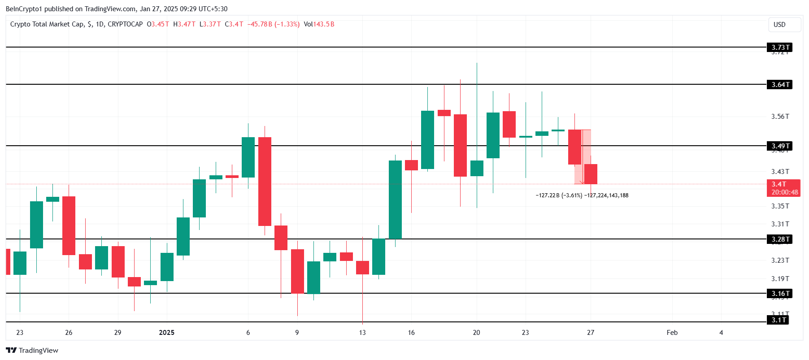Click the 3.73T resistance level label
click(780, 48)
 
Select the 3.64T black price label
click(780, 85)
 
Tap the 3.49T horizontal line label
click(780, 146)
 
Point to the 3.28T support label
click(780, 239)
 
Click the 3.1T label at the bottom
click(778, 320)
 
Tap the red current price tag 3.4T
click(784, 188)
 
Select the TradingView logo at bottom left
click(32, 351)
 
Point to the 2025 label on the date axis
click(167, 333)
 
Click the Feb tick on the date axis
click(672, 333)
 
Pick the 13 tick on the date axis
click(362, 333)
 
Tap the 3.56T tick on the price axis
click(780, 117)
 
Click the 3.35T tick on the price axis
click(780, 206)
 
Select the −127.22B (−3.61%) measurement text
click(559, 195)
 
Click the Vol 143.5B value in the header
click(319, 24)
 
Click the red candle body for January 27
click(591, 174)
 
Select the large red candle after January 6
click(265, 181)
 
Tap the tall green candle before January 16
click(395, 200)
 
